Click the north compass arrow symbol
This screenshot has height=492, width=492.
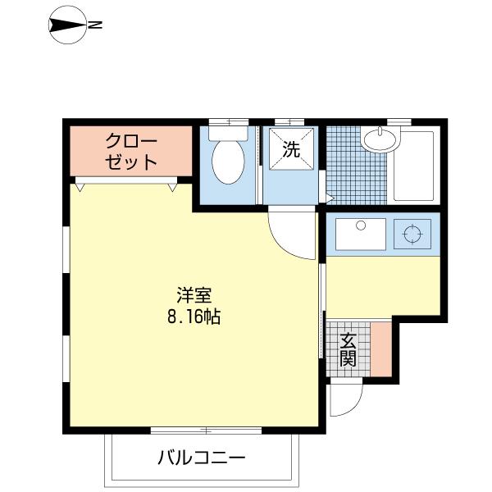pos(67,26)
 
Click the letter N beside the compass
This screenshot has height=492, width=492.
pos(96,26)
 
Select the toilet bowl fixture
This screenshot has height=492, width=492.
pos(226,162)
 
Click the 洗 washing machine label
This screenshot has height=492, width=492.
pos(291,150)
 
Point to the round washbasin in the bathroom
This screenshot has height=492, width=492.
pos(379,140)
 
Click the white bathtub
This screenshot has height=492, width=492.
pos(416,165)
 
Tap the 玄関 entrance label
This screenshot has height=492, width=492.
pos(348,348)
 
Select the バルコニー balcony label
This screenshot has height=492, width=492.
pos(202,457)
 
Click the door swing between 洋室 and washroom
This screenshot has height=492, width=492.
pos(291,234)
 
